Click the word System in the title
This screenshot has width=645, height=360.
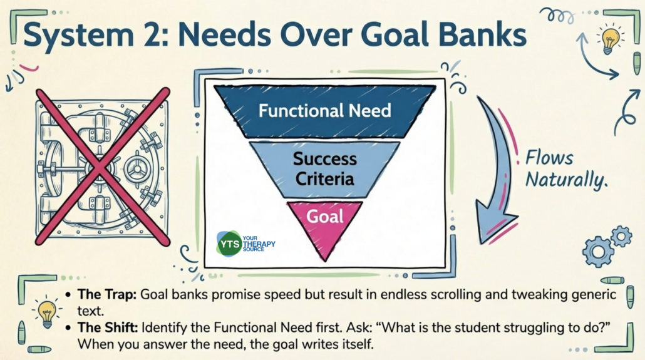click(x=78, y=35)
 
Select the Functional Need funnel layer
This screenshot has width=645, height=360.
click(x=325, y=111)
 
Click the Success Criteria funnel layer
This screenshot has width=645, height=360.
click(x=325, y=169)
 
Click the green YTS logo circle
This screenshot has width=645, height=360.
click(x=229, y=244)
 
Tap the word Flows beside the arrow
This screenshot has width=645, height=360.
click(x=549, y=158)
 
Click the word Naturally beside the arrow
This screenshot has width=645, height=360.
click(x=567, y=180)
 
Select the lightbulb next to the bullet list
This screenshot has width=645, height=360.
click(x=48, y=312)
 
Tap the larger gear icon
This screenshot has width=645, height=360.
click(x=597, y=250)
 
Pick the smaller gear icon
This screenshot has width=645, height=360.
click(x=621, y=237)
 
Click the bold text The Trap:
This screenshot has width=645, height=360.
click(x=107, y=295)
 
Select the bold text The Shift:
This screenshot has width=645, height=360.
click(x=108, y=327)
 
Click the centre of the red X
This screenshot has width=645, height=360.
click(x=101, y=167)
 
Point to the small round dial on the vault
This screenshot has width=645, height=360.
click(x=136, y=168)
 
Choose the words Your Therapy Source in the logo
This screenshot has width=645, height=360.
click(x=259, y=244)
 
